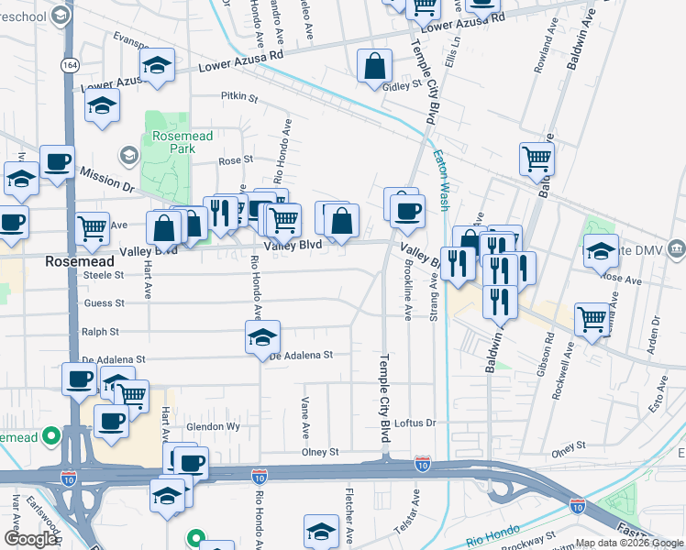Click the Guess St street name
[x=104, y=302]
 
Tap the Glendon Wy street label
[x=213, y=427]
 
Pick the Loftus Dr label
[x=416, y=423]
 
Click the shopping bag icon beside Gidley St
[x=375, y=66]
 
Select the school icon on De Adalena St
[x=263, y=337]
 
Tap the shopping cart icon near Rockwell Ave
[x=592, y=319]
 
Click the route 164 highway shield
[x=70, y=64]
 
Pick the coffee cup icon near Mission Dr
[x=57, y=161]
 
